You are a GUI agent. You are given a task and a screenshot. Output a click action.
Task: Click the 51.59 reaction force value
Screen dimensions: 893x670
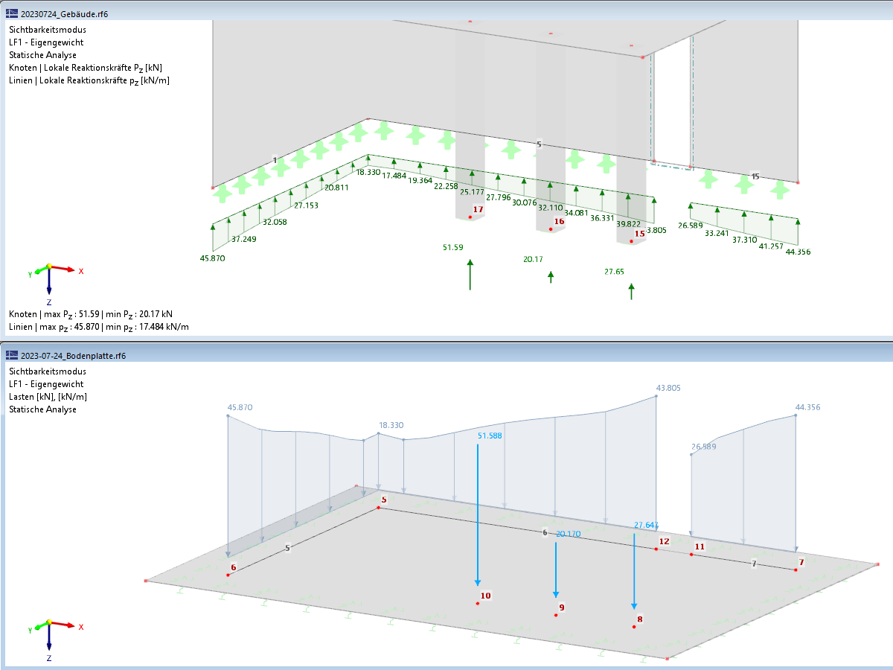[x=452, y=247]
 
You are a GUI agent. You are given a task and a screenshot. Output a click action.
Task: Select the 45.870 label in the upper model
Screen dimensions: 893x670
[x=212, y=258]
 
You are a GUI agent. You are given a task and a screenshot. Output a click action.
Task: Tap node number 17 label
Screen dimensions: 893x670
[x=478, y=209]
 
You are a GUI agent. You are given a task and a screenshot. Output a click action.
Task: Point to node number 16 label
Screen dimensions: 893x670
[x=560, y=221]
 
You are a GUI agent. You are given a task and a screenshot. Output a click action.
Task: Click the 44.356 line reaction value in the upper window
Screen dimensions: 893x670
[x=798, y=252]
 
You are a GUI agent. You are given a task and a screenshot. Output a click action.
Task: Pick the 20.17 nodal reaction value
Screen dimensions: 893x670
[x=533, y=259]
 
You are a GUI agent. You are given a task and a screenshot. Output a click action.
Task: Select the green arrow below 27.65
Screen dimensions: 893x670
[x=631, y=292]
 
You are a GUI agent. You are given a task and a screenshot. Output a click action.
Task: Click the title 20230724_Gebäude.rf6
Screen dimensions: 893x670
[x=64, y=14]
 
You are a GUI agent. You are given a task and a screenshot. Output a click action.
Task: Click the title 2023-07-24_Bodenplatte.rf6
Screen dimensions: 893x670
[x=73, y=356]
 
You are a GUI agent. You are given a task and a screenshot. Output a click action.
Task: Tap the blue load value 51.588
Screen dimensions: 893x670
[x=490, y=435]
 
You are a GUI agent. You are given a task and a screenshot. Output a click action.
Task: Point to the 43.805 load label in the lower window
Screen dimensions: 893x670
[x=668, y=388]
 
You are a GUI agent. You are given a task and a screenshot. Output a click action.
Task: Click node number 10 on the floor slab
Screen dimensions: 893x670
[x=486, y=596]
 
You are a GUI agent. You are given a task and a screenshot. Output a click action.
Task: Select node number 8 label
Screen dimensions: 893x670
[x=640, y=619]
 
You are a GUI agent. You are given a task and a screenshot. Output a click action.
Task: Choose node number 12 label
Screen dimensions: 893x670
[x=665, y=541]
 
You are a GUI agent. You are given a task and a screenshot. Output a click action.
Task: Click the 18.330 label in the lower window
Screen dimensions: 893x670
[x=391, y=425]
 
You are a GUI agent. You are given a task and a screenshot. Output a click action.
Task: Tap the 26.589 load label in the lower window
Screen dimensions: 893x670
[x=704, y=447]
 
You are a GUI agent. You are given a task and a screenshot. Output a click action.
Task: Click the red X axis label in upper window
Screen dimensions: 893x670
[x=81, y=271]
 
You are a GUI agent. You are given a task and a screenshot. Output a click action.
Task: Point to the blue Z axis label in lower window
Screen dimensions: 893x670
[x=49, y=658]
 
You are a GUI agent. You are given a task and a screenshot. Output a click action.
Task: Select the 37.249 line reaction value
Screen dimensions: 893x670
[x=244, y=239]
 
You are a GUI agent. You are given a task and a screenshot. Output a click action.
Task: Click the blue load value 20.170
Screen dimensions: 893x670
[x=569, y=534]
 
